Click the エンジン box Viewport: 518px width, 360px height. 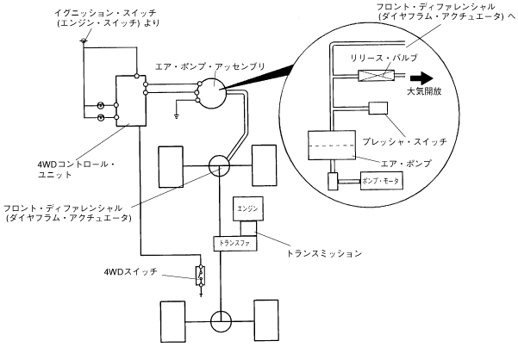point(248,208)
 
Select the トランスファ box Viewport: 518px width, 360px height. point(235,244)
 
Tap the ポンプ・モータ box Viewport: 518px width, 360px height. point(382,181)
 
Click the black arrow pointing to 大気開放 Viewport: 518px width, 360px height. point(421,78)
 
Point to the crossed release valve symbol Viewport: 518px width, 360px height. point(376,76)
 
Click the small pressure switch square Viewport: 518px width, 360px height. point(378,109)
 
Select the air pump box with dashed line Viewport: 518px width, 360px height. point(332,146)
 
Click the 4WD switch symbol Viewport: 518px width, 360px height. point(201,276)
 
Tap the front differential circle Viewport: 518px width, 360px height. point(219,165)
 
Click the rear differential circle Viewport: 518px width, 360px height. point(221,321)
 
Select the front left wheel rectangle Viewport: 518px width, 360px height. point(171,166)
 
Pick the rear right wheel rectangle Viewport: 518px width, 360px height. point(266,320)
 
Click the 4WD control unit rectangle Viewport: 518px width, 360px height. point(131,101)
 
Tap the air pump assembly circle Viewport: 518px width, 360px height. point(213,93)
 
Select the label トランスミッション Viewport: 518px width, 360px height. point(324,253)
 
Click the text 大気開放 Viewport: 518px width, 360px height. point(424,91)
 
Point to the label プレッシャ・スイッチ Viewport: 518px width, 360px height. point(404,141)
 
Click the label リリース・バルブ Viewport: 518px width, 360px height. point(384,58)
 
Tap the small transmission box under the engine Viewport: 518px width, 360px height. point(248,228)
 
